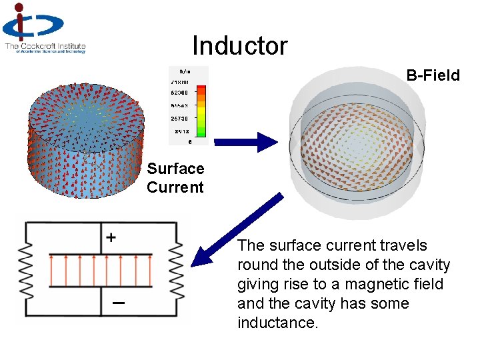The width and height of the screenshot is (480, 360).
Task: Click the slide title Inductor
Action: point(240,46)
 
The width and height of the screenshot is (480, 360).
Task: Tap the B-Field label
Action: point(433,75)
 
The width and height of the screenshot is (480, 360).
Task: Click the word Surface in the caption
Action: point(175,169)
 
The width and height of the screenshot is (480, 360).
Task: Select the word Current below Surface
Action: point(175,187)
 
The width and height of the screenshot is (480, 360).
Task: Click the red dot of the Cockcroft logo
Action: point(19,7)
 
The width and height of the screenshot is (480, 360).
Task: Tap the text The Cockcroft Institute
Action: point(45,46)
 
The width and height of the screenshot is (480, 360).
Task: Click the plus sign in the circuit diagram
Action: point(111,237)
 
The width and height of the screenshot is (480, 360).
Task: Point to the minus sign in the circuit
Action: point(117,303)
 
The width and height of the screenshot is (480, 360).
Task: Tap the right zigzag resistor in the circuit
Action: point(177,271)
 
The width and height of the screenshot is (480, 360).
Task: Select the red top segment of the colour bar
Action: point(201,90)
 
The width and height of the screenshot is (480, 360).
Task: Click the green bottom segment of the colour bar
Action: point(201,136)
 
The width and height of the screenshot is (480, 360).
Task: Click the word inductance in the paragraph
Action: point(278,323)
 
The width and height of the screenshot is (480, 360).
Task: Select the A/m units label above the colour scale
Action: point(185,71)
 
